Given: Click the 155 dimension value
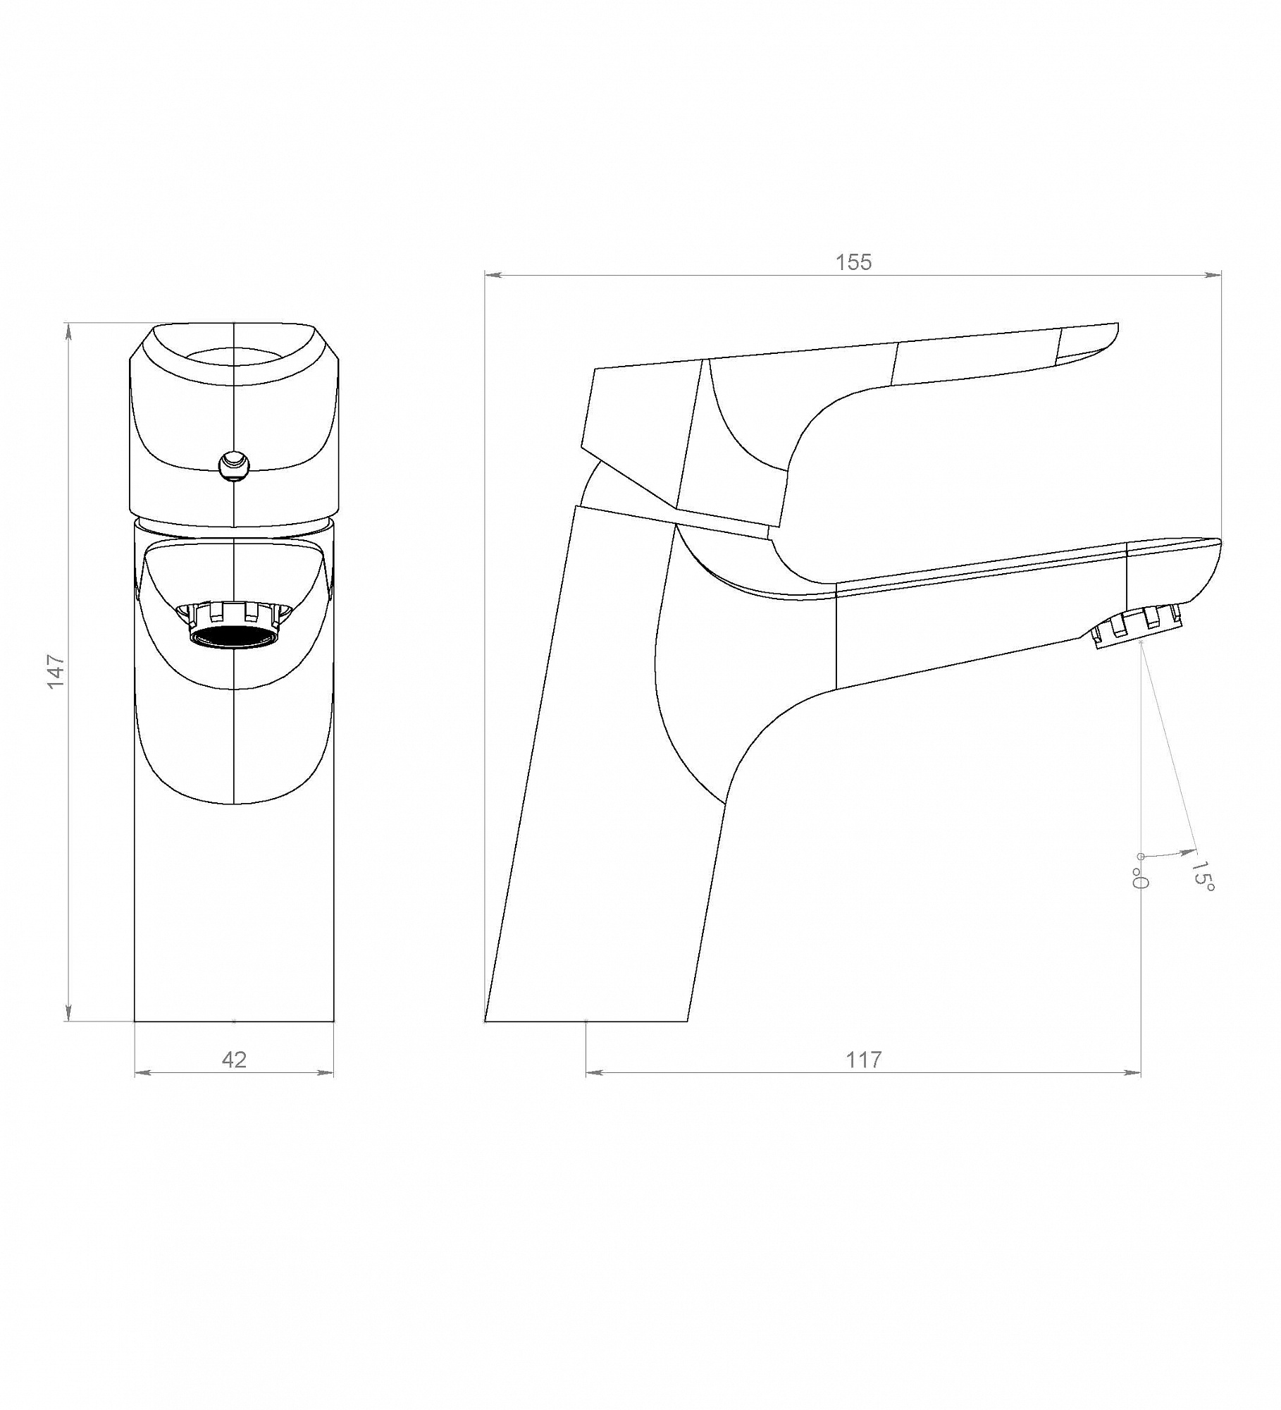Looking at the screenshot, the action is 853,262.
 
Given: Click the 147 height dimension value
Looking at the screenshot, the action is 56,673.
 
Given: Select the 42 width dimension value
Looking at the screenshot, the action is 234,1060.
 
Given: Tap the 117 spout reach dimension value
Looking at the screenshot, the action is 863,1060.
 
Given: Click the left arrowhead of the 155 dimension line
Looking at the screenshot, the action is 493,276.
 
